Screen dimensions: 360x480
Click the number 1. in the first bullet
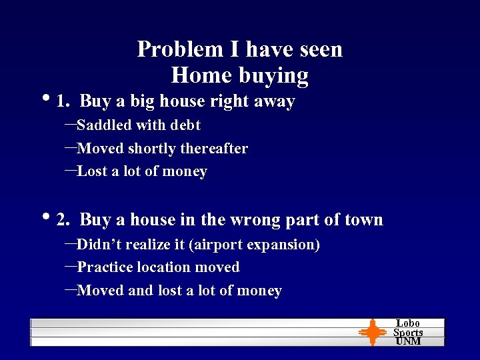coord(64,101)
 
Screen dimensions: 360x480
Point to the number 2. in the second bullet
coord(64,220)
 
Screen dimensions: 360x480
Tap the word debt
coord(185,125)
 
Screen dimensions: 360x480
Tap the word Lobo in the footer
coord(408,323)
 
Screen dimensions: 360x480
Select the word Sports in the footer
coord(408,332)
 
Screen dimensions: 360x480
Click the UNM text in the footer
coord(408,341)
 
